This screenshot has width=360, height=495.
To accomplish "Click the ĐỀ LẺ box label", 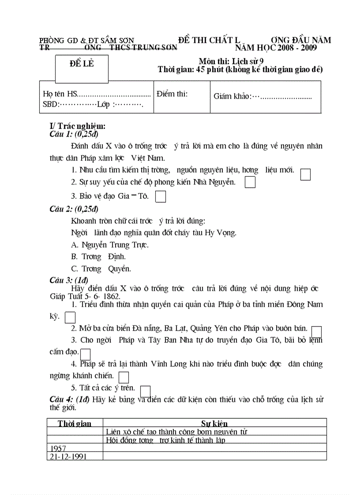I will [82, 63].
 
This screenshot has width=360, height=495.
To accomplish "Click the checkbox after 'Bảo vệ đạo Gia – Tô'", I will [161, 196].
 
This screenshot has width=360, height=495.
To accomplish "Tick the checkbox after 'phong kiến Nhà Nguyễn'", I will [250, 182].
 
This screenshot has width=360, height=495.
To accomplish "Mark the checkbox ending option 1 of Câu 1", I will [305, 175].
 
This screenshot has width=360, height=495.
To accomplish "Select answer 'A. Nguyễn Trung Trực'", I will [110, 245].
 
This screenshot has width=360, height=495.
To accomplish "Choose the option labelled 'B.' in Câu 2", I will [98, 257].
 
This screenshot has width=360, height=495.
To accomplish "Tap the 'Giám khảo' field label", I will [232, 97].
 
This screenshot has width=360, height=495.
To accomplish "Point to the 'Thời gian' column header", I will [75, 424].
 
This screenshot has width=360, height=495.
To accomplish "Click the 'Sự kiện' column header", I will [214, 424].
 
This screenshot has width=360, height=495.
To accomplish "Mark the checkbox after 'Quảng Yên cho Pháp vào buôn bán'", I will [316, 331].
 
